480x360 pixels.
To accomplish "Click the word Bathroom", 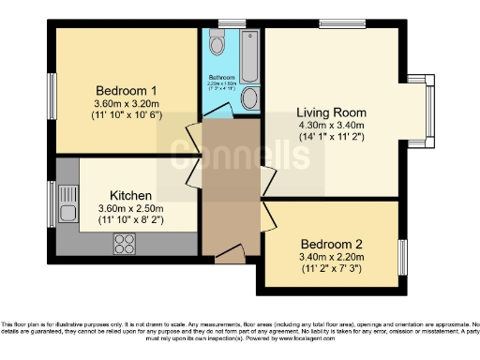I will pyautogui.click(x=221, y=76).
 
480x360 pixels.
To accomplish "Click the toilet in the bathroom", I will pyautogui.click(x=217, y=42).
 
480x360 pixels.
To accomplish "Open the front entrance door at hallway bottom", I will pyautogui.click(x=226, y=252).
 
